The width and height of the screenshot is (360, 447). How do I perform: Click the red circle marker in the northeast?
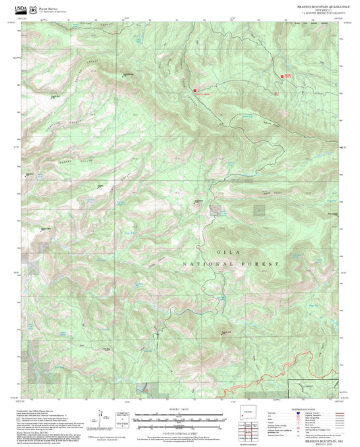coord(282,76)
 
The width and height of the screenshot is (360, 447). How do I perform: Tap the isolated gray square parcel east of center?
coord(259,210)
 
